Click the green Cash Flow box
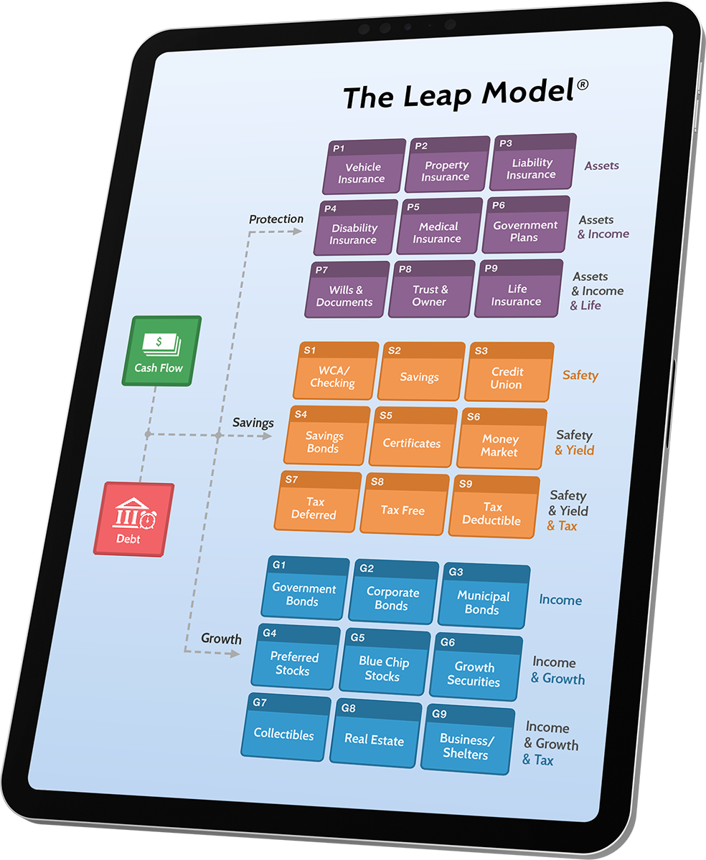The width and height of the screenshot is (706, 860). click(161, 350)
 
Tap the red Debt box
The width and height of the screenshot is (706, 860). click(133, 519)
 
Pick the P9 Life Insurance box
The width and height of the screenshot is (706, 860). click(518, 289)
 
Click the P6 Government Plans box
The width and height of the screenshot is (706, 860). click(526, 225)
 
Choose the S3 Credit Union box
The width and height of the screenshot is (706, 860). click(508, 372)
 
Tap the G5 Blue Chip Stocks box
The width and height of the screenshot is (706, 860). click(385, 663)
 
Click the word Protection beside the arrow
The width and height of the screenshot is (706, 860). click(276, 219)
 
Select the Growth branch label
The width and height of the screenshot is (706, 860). click(221, 639)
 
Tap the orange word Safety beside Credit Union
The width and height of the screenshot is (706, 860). click(580, 376)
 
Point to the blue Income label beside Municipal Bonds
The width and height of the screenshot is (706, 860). click(560, 601)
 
